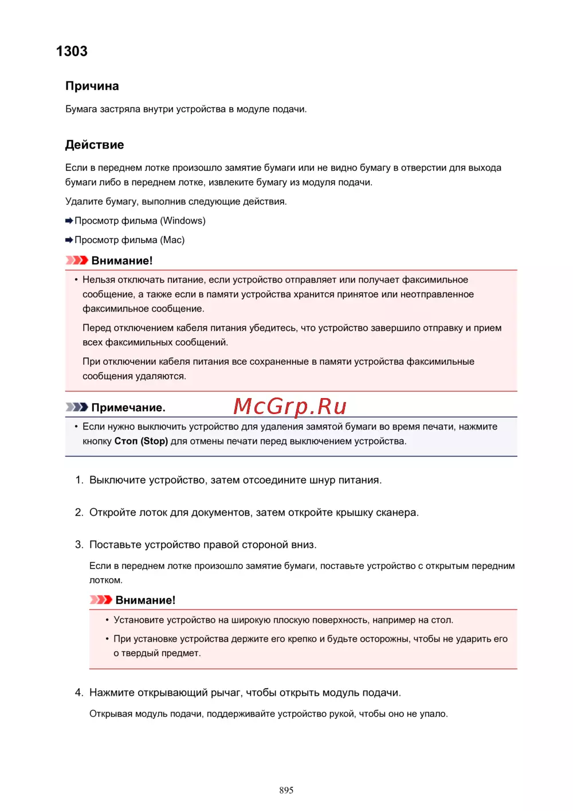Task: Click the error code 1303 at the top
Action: point(72,51)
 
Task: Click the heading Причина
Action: point(92,86)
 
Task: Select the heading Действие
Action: point(94,145)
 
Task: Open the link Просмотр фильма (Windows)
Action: point(140,221)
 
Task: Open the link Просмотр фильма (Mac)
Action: point(129,240)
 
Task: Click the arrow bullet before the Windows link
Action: point(69,221)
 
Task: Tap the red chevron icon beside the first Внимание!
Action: point(77,260)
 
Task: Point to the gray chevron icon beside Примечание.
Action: point(77,407)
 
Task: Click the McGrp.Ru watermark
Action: point(290,406)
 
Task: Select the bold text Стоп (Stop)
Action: point(141,441)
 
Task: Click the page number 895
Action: point(286,790)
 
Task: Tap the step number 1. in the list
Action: point(79,480)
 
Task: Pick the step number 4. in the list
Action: point(79,693)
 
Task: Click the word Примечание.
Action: point(128,408)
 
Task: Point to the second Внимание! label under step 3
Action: point(145,600)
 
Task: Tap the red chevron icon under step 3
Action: point(101,600)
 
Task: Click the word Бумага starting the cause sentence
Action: point(81,109)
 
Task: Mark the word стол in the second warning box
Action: point(442,620)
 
